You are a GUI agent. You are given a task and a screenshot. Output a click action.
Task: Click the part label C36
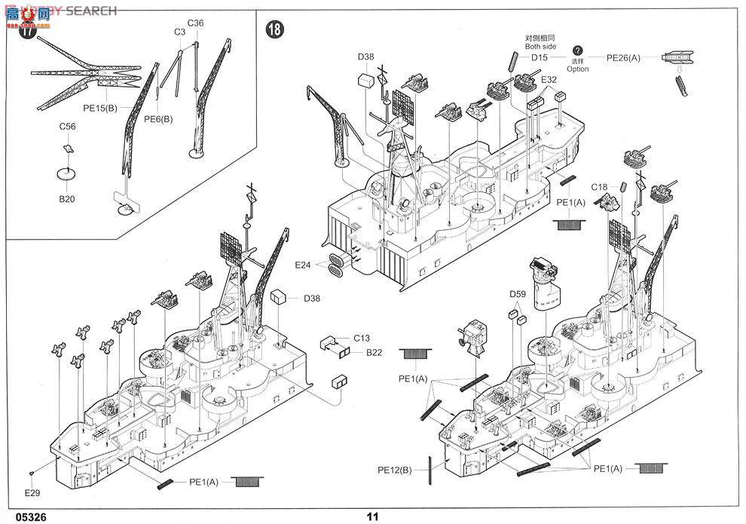[x=195, y=23]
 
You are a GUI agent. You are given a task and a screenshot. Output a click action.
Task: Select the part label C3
[x=179, y=32]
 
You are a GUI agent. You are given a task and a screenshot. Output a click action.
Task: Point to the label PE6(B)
[x=157, y=118]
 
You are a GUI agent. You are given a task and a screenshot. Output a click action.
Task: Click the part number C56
[x=68, y=127]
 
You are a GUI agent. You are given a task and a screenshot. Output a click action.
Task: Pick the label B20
[x=68, y=200]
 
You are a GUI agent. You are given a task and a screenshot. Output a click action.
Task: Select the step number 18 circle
[x=275, y=29]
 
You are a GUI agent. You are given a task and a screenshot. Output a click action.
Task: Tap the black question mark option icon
[x=578, y=50]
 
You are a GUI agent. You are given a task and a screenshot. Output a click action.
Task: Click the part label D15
[x=540, y=57]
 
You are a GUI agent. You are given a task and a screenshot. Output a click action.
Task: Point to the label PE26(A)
[x=623, y=57]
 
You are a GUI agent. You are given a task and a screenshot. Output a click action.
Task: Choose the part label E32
[x=549, y=78]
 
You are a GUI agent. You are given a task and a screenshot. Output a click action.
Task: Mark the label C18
[x=599, y=186]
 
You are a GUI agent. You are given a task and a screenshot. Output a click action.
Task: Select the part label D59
[x=517, y=294]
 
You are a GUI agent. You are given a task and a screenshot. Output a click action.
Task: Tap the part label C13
[x=361, y=339]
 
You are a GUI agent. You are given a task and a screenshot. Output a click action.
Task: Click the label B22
[x=375, y=351]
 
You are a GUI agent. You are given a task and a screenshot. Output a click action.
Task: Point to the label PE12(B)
[x=395, y=470]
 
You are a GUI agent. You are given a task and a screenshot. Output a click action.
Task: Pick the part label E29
[x=32, y=493]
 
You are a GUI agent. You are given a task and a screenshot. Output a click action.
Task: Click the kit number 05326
[x=22, y=516]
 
